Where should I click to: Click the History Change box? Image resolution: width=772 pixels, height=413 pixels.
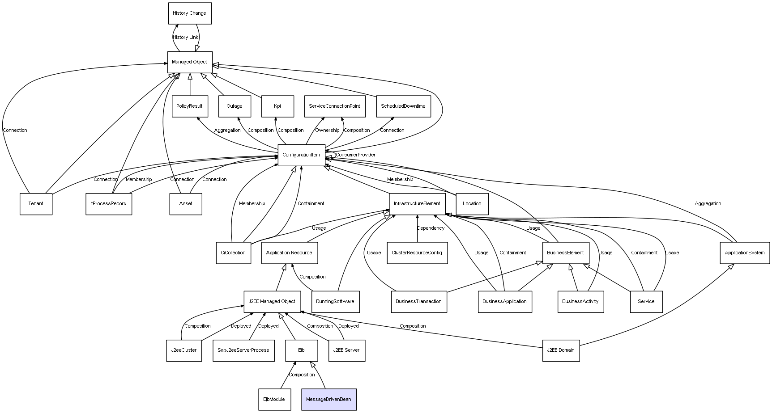(x=190, y=13)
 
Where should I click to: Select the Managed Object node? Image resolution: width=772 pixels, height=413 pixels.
(x=190, y=62)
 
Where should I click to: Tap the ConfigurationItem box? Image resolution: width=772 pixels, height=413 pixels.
(x=301, y=155)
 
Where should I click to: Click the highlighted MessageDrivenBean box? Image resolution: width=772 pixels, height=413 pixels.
(x=329, y=399)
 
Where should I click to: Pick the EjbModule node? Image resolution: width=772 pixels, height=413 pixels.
(x=274, y=399)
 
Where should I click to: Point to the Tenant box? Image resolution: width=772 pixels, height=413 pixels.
(x=36, y=204)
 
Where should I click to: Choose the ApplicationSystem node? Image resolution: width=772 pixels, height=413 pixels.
(x=745, y=253)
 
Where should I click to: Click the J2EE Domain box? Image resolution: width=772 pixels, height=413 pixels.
(x=561, y=350)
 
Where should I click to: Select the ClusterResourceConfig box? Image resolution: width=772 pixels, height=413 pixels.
(x=417, y=253)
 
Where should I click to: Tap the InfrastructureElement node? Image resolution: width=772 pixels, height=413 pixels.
(x=417, y=204)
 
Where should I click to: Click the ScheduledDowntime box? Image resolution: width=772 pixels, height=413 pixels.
(x=403, y=106)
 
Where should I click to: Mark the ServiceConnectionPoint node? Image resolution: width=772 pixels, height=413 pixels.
(x=334, y=106)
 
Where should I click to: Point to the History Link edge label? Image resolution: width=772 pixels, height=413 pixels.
(x=185, y=38)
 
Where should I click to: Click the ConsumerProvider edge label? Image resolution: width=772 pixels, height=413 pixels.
(x=356, y=155)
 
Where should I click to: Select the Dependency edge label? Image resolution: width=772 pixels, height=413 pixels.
(x=431, y=228)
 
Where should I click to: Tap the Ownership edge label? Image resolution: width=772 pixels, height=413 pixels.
(x=327, y=131)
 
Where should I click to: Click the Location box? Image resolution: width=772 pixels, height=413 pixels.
(x=472, y=204)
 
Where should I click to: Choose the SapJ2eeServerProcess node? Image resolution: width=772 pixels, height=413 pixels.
(x=243, y=350)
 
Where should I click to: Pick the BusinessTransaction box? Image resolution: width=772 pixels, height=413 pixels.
(x=418, y=301)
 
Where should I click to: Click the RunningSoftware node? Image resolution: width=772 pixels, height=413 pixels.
(x=335, y=301)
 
